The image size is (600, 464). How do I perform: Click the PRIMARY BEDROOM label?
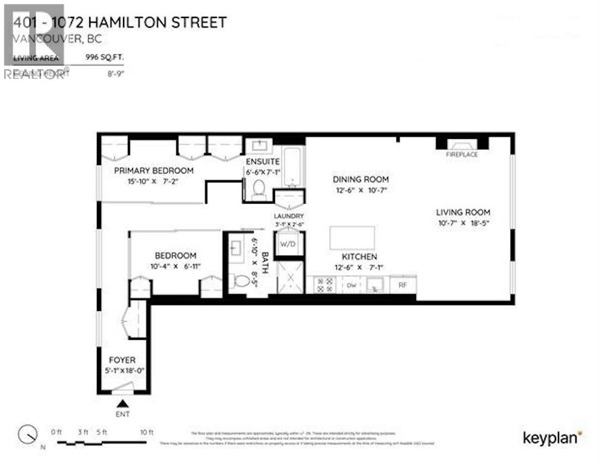(154, 170)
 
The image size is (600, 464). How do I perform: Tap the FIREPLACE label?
(462, 155)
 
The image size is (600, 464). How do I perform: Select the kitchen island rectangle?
(352, 238)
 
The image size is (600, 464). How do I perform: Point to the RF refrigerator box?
(403, 284)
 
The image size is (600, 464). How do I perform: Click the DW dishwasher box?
(352, 284)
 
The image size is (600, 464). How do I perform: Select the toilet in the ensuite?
(258, 189)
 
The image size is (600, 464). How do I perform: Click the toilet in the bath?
(241, 281)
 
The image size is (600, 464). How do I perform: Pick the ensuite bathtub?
(293, 163)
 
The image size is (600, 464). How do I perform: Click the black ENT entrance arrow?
(124, 404)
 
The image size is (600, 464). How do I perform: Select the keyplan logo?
(553, 437)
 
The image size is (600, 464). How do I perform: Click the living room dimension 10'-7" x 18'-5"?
(463, 223)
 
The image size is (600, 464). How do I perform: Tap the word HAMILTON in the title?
(117, 23)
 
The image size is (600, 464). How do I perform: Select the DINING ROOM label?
(360, 179)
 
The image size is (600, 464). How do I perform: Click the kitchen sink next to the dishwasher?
(375, 284)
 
